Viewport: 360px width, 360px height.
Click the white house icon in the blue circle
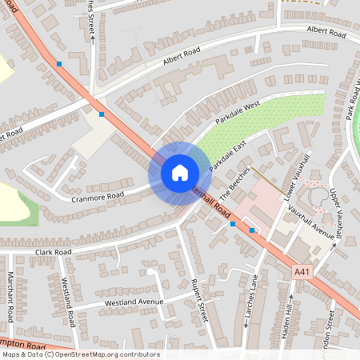click(x=179, y=172)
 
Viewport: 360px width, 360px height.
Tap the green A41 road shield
click(x=301, y=272)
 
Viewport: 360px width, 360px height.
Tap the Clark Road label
click(x=53, y=251)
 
